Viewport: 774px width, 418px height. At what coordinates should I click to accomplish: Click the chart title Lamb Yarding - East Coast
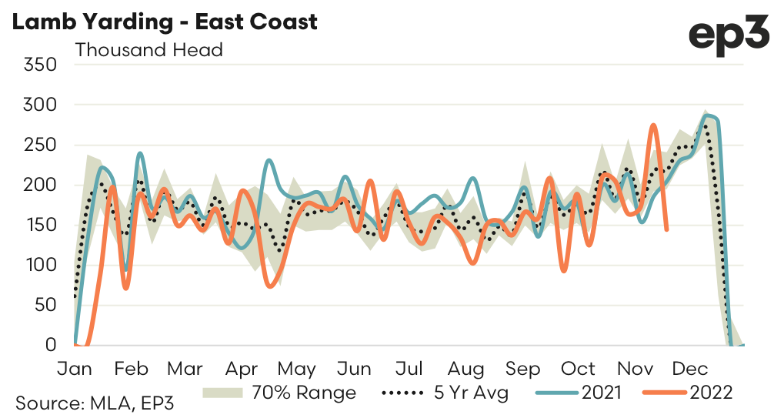point(163,22)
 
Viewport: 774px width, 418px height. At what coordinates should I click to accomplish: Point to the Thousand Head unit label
point(148,50)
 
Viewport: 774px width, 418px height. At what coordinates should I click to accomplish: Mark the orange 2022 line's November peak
point(653,125)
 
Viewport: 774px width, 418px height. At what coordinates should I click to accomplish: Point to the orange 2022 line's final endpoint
point(666,229)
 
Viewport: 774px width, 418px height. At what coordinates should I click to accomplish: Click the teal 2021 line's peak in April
point(269,160)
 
